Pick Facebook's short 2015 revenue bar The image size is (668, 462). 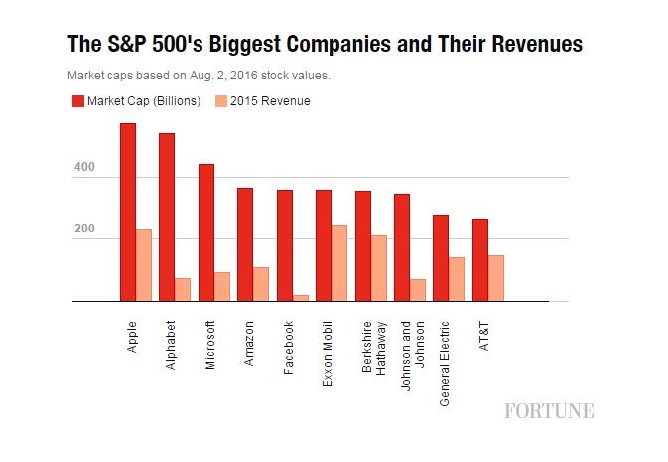tap(301, 297)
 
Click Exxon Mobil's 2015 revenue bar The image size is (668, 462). tap(339, 262)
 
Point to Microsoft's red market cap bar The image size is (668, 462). tap(206, 232)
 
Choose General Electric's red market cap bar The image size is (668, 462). tap(441, 257)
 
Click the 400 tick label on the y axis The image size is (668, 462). tap(83, 168)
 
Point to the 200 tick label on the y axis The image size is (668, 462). tap(83, 230)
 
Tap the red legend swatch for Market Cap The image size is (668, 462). tap(76, 101)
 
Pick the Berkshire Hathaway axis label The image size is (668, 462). tap(374, 348)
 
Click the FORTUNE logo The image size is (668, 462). tap(549, 410)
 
